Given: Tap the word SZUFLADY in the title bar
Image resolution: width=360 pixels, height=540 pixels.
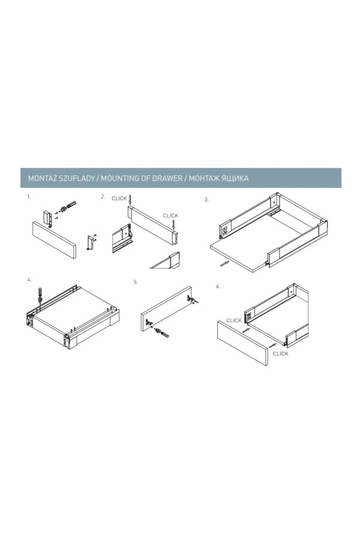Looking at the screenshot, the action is (x=78, y=178).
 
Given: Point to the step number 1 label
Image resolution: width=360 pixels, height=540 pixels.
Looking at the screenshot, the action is (x=29, y=197).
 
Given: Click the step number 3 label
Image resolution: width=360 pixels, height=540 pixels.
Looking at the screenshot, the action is (x=206, y=200).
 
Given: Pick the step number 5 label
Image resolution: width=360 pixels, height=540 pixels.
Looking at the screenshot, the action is (x=136, y=282).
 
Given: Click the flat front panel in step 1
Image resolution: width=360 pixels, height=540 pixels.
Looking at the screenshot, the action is (x=54, y=239).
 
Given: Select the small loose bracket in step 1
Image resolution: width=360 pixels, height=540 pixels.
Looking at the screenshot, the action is (x=91, y=242).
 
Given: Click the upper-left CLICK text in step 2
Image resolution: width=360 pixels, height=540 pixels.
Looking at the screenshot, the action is (x=119, y=199).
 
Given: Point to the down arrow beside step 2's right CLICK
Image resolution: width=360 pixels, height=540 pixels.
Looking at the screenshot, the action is (x=173, y=225).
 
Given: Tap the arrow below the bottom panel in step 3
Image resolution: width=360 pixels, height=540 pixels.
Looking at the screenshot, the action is (x=224, y=264).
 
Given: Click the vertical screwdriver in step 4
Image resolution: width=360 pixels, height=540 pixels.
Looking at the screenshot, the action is (x=40, y=295).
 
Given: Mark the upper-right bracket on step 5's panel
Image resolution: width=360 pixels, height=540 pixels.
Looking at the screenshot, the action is (x=191, y=299).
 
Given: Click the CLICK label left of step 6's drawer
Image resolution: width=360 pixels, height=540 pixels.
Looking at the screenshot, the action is (x=234, y=320).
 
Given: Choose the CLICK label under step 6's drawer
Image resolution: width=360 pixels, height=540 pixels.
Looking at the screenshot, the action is (x=281, y=353).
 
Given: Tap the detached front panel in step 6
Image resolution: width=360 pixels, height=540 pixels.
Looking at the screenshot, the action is (x=242, y=343).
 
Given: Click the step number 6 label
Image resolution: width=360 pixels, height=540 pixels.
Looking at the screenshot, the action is (x=218, y=287).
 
